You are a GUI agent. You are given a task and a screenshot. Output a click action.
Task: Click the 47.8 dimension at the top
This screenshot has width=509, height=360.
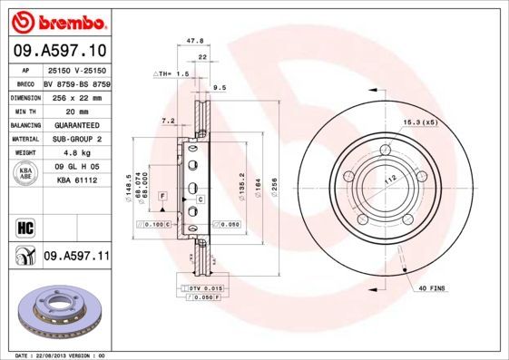[193, 41]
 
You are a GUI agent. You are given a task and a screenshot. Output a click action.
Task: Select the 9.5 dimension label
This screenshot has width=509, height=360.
[219, 89]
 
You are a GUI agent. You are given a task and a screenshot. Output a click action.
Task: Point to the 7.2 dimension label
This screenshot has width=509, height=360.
[167, 120]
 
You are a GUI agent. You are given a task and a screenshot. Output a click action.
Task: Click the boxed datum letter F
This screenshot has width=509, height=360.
[162, 196]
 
